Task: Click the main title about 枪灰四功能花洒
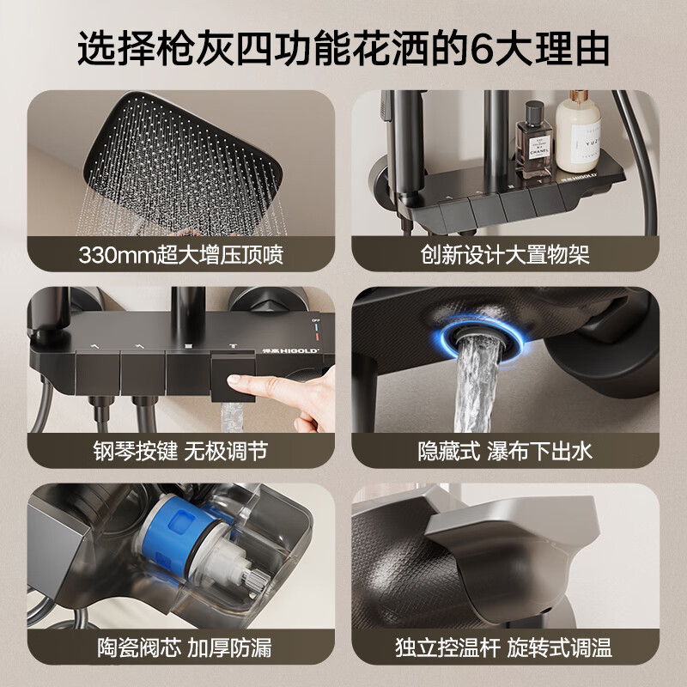click(x=343, y=48)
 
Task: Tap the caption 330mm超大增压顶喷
click(x=180, y=255)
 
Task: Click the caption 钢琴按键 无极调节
click(x=180, y=449)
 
